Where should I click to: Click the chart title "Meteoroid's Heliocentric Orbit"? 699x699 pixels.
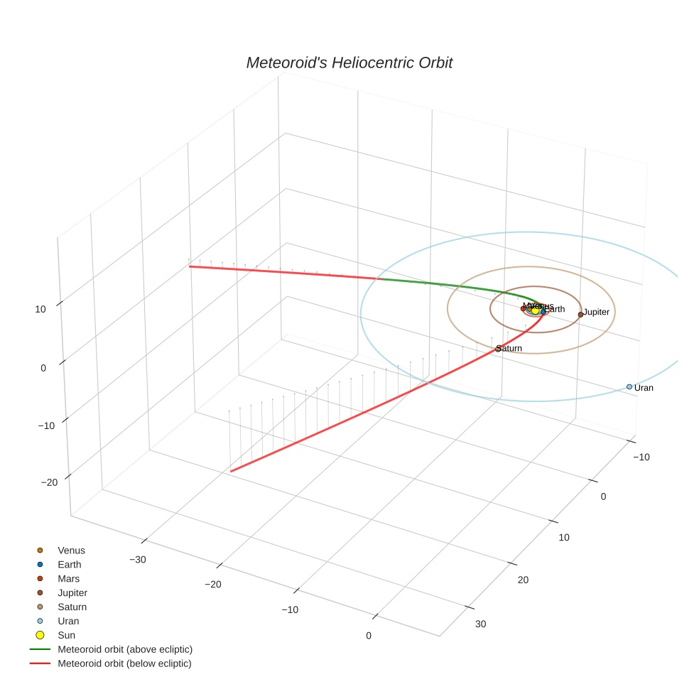tap(349, 63)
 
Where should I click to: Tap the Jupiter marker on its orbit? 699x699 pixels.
tap(580, 314)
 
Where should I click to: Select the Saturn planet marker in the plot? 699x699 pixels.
tap(497, 349)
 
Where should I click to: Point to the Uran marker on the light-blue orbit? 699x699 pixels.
tap(629, 386)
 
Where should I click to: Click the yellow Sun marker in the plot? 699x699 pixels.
tap(535, 310)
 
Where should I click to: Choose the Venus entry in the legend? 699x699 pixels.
tap(71, 550)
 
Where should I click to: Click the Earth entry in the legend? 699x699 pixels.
tap(69, 564)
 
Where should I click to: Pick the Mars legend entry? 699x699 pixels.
tap(68, 578)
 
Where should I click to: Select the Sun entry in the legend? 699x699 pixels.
tap(66, 635)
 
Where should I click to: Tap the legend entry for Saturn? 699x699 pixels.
tap(72, 607)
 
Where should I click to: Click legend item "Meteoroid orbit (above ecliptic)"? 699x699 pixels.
tap(125, 649)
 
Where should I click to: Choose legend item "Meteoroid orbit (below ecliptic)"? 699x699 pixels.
tap(125, 663)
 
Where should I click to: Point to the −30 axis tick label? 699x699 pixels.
tap(138, 559)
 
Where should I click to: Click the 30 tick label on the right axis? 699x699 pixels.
tap(480, 624)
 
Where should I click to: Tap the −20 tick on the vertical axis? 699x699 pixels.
tap(49, 482)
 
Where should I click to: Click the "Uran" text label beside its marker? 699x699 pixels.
tap(644, 388)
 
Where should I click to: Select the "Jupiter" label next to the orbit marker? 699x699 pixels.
tap(596, 312)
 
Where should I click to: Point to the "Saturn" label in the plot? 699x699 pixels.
tap(510, 348)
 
